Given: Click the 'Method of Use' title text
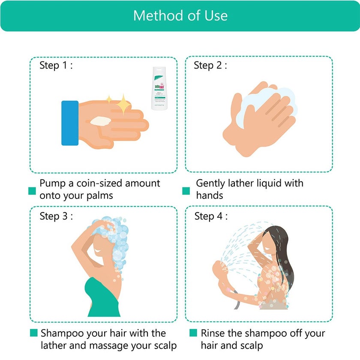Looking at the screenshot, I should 180,15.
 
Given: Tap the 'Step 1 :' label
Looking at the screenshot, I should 56,66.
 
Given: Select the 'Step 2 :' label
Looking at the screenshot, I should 210,66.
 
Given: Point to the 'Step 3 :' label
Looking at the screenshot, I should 56,216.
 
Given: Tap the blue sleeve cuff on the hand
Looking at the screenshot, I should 70,123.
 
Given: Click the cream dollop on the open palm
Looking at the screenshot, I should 100,121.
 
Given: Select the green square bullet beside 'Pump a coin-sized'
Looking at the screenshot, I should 32,191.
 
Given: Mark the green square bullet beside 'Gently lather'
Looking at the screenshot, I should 186,191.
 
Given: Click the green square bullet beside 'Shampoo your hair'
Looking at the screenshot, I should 33,333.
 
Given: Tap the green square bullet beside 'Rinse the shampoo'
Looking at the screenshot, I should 193,333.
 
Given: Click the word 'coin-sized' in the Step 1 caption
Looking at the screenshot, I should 101,183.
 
